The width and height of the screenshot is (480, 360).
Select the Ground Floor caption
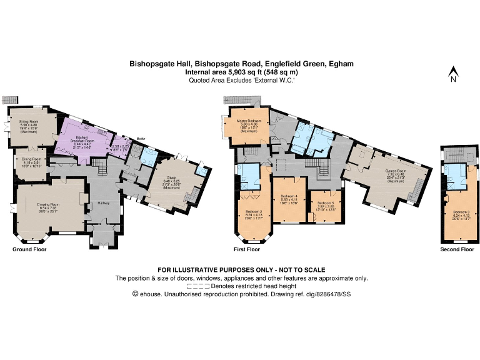coord(29,249)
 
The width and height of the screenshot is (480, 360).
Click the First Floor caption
coord(246,249)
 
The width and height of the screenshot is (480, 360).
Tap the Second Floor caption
coord(457,249)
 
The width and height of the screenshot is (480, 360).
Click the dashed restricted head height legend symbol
coord(197,286)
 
